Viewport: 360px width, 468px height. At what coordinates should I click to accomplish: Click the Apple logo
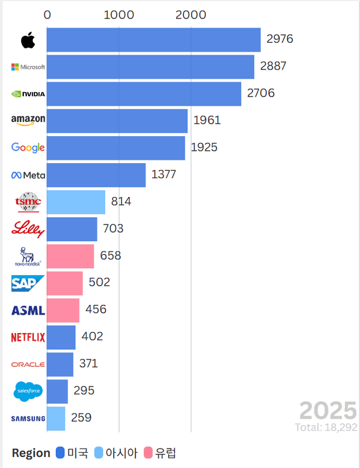pos(28,40)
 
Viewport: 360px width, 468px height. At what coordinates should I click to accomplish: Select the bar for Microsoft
pos(150,67)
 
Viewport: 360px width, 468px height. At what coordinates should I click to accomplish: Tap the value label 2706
pos(260,93)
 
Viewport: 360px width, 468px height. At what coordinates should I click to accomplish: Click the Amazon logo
pos(28,120)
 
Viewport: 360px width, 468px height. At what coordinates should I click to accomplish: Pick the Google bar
pos(116,148)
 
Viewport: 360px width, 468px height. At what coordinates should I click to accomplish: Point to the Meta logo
pos(28,175)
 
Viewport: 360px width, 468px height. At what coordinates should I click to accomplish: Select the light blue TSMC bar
pos(76,202)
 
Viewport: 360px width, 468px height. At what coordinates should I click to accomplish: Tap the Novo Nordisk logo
pos(28,256)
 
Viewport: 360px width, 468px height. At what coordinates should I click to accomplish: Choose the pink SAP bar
pos(65,283)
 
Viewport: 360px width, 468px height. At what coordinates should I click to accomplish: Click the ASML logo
pos(28,310)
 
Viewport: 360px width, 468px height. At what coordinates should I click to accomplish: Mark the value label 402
pos(92,336)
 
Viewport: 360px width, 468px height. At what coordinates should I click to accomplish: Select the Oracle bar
pos(60,364)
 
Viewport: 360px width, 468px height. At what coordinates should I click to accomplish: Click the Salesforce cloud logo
pos(28,391)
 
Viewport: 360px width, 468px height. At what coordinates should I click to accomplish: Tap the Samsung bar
pos(56,418)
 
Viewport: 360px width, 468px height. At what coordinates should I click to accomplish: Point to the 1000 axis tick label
pos(119,15)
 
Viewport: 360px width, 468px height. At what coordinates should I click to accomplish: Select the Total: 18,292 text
pos(326,427)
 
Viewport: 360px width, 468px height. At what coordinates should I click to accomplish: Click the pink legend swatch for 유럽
pos(148,453)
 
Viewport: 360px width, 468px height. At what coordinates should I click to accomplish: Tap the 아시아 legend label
pos(121,453)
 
